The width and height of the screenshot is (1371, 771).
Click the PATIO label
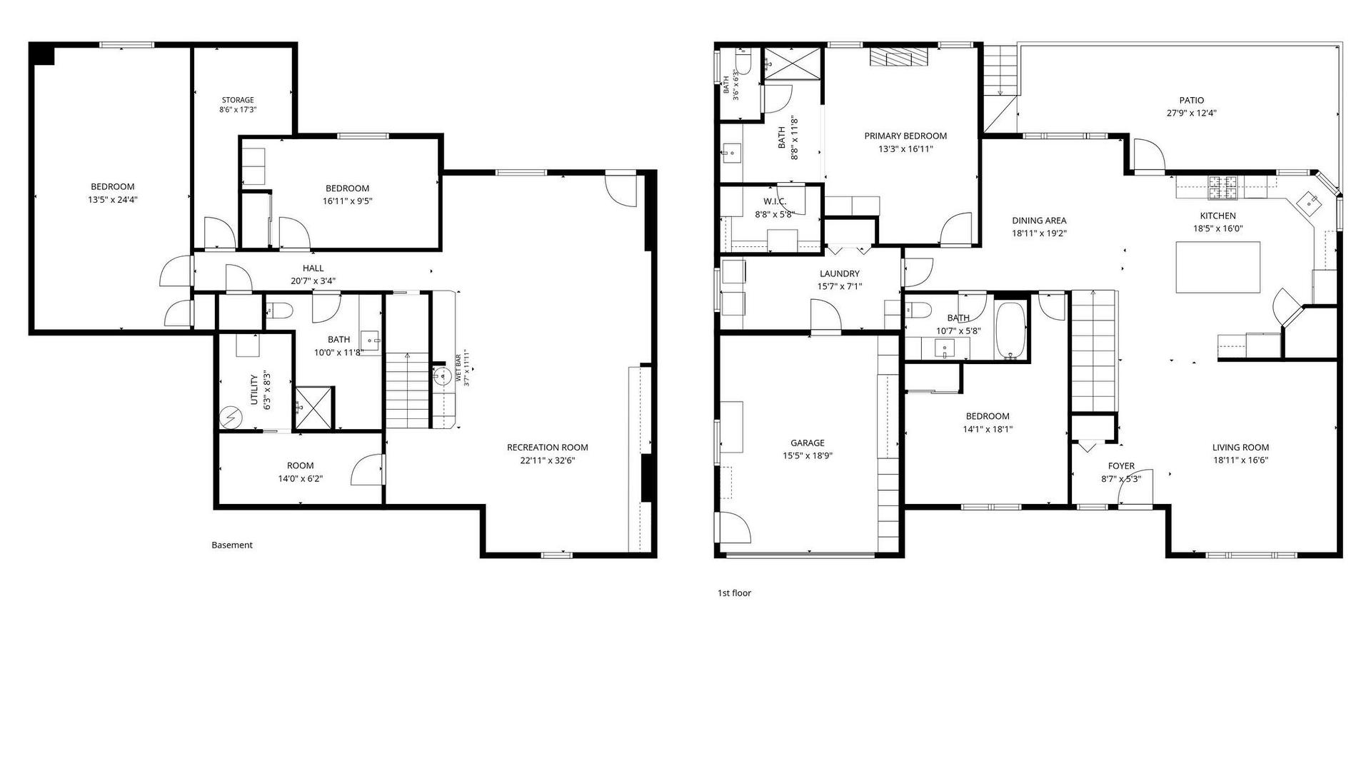click(x=1191, y=101)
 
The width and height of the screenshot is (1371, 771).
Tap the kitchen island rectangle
click(x=1217, y=267)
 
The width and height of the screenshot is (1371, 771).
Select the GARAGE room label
click(x=807, y=443)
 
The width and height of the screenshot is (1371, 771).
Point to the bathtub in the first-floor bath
click(x=1010, y=330)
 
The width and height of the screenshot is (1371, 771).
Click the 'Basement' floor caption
click(x=232, y=545)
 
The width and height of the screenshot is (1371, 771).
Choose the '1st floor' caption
click(x=734, y=593)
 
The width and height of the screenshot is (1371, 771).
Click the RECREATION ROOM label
click(x=548, y=448)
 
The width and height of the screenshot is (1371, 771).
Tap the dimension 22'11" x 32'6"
click(x=548, y=460)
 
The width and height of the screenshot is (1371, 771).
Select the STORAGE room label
click(x=238, y=100)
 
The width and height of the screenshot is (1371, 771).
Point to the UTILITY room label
click(x=254, y=390)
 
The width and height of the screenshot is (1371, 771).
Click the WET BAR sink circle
click(x=441, y=374)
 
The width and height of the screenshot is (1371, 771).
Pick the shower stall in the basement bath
click(x=314, y=408)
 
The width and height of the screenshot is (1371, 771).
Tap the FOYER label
click(x=1121, y=466)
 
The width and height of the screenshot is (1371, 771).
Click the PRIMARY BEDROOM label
click(x=905, y=136)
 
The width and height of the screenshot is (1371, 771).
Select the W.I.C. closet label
click(x=775, y=201)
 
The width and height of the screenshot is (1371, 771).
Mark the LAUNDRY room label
click(x=840, y=273)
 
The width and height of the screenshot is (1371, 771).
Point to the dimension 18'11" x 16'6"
click(x=1240, y=460)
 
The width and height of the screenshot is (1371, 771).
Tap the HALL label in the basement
click(x=313, y=268)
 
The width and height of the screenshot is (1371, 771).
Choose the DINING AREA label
click(x=1039, y=221)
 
